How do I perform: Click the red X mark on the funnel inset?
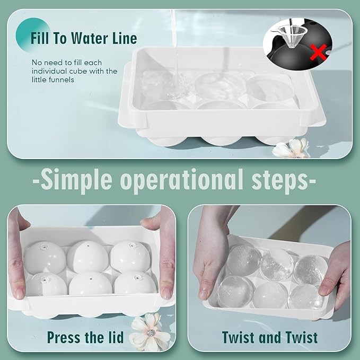318,52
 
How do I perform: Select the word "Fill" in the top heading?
40,38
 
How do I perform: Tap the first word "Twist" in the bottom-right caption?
239,337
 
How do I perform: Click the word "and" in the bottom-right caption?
269,337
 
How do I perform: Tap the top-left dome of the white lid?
45,257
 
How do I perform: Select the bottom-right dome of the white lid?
135,283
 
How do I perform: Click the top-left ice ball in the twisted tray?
244,260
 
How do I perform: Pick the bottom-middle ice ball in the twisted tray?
270,295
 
